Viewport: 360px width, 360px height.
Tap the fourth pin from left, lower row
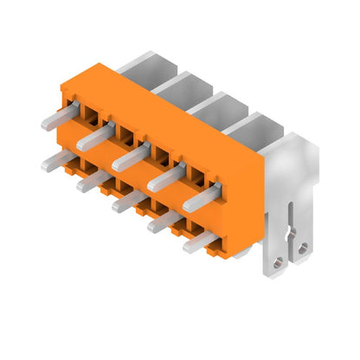(164, 222)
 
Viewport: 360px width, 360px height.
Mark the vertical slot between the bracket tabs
(290, 229)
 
